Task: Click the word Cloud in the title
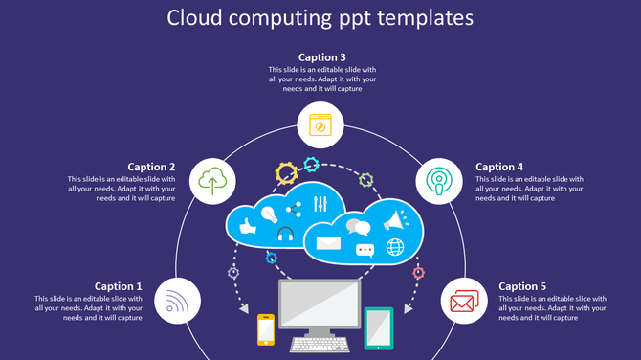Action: (199, 18)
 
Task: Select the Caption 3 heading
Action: (321, 57)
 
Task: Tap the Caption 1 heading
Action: (119, 286)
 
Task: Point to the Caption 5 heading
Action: (522, 286)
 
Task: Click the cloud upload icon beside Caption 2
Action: (215, 179)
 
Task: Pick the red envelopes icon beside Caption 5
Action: (464, 303)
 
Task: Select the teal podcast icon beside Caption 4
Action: (439, 180)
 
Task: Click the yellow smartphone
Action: (266, 328)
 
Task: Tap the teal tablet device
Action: (379, 327)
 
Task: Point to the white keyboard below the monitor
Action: (320, 343)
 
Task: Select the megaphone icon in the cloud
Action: (393, 221)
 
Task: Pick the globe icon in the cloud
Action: (395, 248)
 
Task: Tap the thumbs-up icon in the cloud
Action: (247, 226)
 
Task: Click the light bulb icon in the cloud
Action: (270, 213)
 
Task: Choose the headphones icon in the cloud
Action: (284, 236)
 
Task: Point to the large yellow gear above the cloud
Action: (286, 173)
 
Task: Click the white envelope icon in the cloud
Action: (328, 243)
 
